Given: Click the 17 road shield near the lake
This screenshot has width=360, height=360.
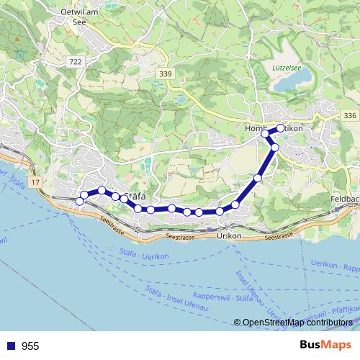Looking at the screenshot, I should click(37, 183).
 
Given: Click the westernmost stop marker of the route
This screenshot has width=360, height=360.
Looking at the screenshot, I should click(80, 202).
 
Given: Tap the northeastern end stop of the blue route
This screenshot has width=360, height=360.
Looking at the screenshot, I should click(281, 128).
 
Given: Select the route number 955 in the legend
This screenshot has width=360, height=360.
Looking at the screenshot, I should click(30, 346).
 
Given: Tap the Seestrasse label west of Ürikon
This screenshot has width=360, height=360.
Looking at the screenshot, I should click(179, 235).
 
